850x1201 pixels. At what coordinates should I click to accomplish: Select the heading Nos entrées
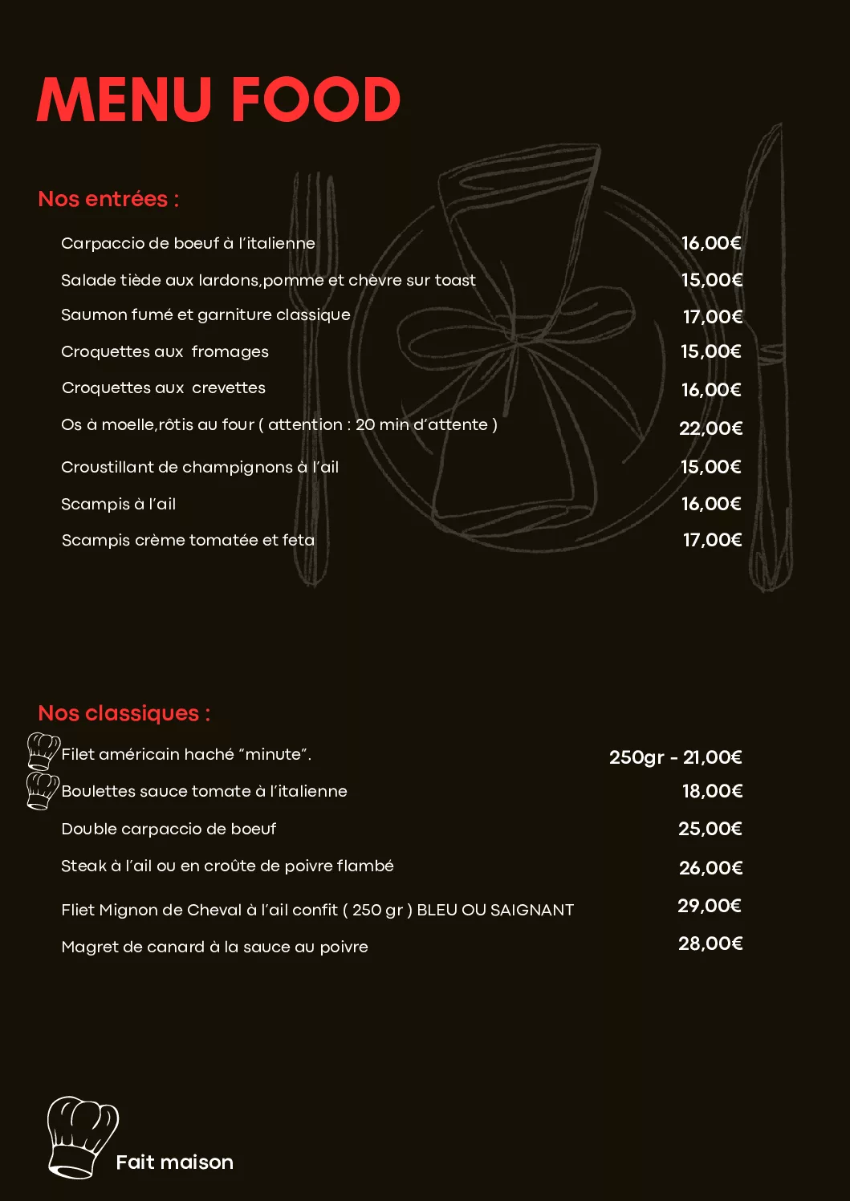click(108, 199)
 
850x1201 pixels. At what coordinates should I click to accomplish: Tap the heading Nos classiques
click(124, 713)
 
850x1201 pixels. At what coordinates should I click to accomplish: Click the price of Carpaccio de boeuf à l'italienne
click(711, 243)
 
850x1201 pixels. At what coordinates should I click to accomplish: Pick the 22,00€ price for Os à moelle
click(711, 428)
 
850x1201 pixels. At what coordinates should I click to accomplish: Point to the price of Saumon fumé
click(713, 317)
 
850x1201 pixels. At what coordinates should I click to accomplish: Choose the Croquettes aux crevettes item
click(164, 388)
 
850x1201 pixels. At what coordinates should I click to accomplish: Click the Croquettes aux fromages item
click(165, 352)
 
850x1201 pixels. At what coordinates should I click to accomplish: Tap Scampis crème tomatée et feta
click(188, 541)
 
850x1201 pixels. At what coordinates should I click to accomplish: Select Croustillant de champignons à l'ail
click(200, 467)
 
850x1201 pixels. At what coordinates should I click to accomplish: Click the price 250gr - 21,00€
click(675, 757)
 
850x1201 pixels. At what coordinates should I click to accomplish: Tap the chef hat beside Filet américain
click(43, 751)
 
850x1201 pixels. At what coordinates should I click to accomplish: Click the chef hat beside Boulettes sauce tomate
click(42, 790)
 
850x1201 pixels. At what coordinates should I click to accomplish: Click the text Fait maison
click(174, 1162)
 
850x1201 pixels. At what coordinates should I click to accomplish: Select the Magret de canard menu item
click(214, 947)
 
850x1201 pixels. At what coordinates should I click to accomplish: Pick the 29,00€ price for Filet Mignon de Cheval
click(710, 907)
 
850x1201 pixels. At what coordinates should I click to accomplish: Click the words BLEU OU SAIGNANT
click(495, 911)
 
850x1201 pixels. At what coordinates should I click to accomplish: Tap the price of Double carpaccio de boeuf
click(710, 829)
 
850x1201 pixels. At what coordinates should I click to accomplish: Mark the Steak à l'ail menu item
click(227, 866)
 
